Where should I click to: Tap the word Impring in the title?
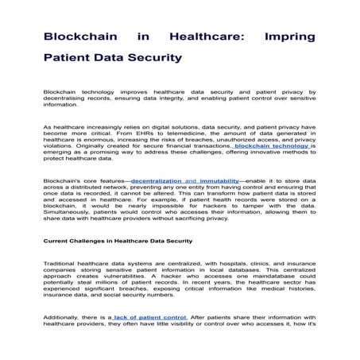[x=284, y=37]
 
